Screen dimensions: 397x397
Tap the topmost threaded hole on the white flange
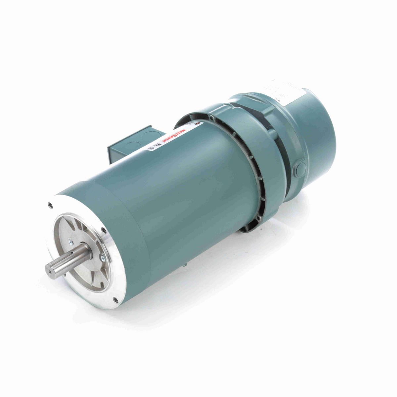pyautogui.click(x=50, y=205)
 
